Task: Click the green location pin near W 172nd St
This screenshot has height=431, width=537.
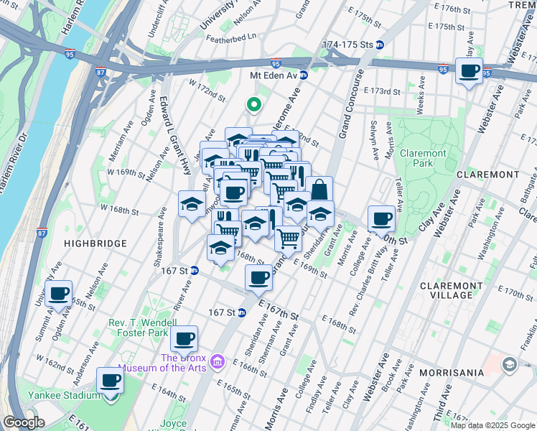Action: tap(253, 105)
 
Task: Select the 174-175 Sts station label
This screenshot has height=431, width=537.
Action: tap(348, 45)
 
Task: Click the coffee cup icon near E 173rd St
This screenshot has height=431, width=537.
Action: tap(469, 71)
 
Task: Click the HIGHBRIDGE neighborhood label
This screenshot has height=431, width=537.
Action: tap(95, 244)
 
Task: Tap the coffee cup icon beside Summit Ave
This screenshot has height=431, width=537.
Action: tap(59, 294)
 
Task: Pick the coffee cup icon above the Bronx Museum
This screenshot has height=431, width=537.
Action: tap(185, 338)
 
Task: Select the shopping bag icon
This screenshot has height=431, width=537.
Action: tap(319, 190)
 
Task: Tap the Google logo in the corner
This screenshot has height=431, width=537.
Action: tap(24, 422)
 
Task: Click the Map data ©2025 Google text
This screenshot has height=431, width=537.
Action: tap(492, 425)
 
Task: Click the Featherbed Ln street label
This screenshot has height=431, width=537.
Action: tap(231, 37)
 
